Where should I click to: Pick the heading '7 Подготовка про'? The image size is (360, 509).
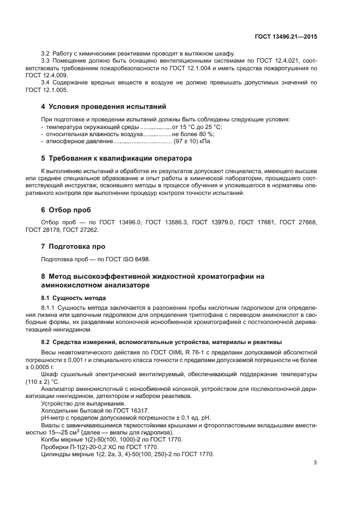click(x=74, y=246)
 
